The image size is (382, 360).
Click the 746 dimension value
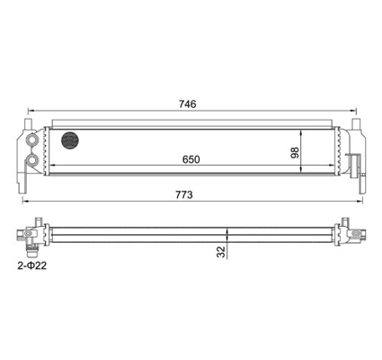pos(188,104)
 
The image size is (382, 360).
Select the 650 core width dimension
pos(191,159)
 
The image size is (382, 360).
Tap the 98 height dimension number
pos(295,152)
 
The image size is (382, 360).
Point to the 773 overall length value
pos(184,195)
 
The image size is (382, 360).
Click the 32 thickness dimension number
pos(221,252)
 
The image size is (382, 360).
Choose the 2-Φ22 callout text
pos(32,265)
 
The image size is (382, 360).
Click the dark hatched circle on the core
pos(71,139)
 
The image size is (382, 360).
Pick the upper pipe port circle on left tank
pos(32,139)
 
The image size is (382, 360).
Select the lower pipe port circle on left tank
pos(32,160)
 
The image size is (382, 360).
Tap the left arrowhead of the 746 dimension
pos(31,111)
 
